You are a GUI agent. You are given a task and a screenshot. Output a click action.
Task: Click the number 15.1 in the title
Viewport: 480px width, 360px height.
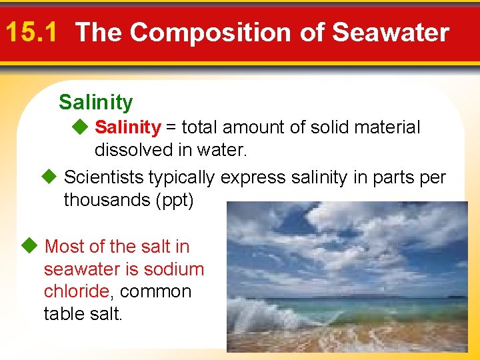(x=33, y=32)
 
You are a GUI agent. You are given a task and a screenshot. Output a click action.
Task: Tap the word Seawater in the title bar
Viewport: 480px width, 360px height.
(x=391, y=32)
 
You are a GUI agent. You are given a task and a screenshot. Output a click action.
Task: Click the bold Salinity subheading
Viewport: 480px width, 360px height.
(x=95, y=102)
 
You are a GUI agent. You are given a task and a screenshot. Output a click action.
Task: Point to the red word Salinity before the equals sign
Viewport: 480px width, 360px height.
(x=127, y=127)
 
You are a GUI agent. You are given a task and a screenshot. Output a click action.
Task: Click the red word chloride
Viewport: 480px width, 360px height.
(x=76, y=292)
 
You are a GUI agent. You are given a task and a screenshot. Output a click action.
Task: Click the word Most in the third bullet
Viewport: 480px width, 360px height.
(x=64, y=247)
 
